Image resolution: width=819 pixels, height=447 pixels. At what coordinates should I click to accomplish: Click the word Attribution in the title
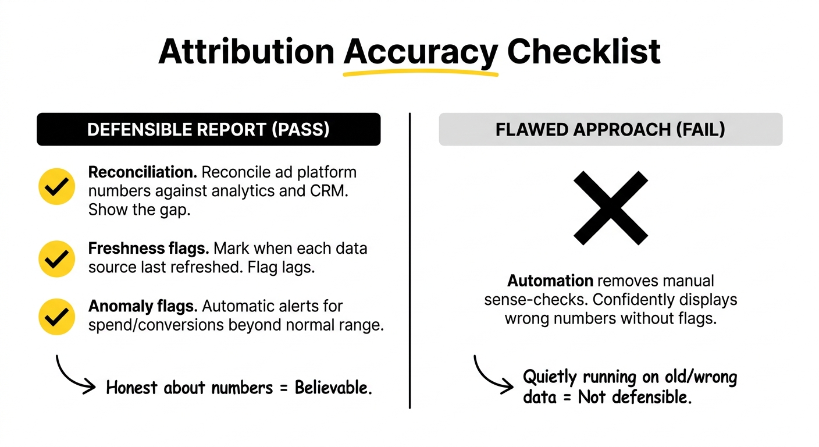tap(247, 52)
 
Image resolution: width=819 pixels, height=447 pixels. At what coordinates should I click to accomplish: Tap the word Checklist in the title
tap(584, 52)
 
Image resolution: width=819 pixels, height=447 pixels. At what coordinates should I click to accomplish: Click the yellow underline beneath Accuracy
tap(421, 73)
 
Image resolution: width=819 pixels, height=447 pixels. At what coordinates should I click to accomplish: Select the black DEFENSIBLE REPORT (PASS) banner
tap(208, 129)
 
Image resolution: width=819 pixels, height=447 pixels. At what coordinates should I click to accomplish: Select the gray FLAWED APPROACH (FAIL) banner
tap(611, 129)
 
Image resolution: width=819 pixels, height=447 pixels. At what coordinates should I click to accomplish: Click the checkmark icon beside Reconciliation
tap(56, 186)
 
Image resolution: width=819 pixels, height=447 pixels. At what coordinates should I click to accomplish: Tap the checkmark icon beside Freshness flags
tap(56, 258)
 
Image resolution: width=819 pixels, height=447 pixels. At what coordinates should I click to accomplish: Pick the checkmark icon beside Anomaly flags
tap(56, 317)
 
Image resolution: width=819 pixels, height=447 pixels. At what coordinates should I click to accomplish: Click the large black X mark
tap(611, 208)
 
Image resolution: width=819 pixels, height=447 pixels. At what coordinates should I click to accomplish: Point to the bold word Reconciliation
tap(143, 172)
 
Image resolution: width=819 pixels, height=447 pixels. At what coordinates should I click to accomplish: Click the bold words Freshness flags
tap(148, 249)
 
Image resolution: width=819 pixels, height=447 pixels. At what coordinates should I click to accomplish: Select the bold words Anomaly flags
tap(143, 306)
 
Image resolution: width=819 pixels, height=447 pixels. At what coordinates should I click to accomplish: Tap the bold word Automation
tap(550, 281)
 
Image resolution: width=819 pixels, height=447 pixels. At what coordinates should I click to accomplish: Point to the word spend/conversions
tap(156, 325)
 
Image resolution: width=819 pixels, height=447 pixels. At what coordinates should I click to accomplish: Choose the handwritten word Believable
tap(333, 388)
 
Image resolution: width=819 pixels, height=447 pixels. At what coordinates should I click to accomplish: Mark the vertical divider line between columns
tap(410, 260)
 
